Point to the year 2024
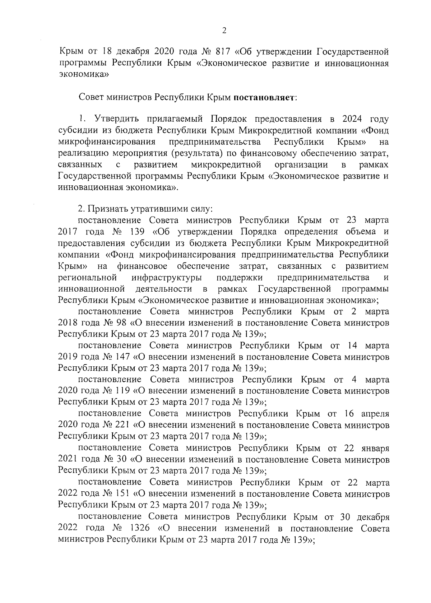click(352, 119)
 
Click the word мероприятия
click(138, 153)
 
